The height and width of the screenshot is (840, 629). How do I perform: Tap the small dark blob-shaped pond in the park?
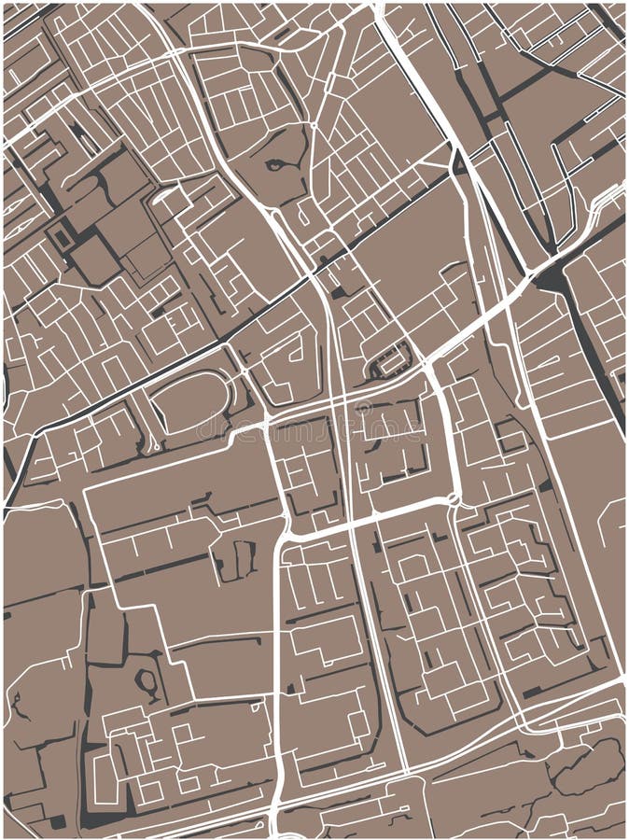(275, 165)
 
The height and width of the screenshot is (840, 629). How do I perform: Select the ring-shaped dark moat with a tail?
(148, 682)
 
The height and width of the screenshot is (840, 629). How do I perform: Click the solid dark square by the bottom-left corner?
(58, 821)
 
